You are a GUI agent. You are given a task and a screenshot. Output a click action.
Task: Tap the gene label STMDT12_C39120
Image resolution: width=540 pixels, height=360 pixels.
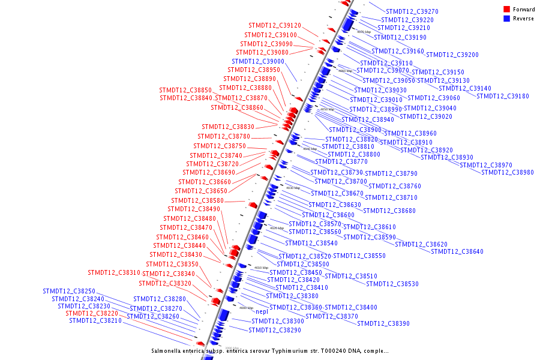tap(275, 26)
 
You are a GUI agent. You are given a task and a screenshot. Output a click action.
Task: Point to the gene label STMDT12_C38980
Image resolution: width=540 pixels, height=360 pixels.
tap(507, 173)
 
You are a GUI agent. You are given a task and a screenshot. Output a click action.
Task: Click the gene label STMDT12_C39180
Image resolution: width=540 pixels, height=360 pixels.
tap(503, 97)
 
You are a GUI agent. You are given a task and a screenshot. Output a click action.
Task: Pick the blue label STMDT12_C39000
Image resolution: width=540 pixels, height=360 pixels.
tap(258, 61)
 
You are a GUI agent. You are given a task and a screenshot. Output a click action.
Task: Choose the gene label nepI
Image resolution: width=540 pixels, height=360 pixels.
tap(262, 311)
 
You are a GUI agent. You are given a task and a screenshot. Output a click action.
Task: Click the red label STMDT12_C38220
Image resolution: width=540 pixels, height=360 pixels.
tap(92, 313)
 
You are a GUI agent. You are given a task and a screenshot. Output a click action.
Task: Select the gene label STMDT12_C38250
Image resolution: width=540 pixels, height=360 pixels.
tap(69, 291)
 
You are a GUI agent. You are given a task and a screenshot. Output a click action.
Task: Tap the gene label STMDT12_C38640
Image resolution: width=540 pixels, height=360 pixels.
tap(457, 251)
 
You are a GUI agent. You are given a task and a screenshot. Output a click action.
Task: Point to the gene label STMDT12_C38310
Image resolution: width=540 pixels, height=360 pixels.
tap(114, 273)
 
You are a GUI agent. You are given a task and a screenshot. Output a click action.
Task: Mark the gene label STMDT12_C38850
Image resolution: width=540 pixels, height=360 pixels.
tap(185, 91)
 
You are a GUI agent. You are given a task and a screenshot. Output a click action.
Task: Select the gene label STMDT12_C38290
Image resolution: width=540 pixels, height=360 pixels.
tap(275, 331)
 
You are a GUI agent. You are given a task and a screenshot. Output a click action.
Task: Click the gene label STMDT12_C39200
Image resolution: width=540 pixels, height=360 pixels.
tap(452, 55)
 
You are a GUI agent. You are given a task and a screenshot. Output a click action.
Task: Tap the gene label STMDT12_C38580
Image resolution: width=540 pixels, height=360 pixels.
tap(197, 201)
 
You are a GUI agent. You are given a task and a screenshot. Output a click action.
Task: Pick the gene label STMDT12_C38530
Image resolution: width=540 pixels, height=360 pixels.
tap(392, 284)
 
